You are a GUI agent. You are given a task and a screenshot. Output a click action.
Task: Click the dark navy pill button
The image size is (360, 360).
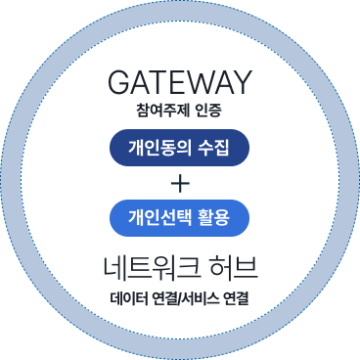(x=180, y=149)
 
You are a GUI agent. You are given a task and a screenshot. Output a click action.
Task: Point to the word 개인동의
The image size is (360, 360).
(x=157, y=149)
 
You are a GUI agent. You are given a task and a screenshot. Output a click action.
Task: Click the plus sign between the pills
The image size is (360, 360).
(x=180, y=183)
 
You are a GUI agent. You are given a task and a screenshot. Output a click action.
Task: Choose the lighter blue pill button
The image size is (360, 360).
(x=180, y=216)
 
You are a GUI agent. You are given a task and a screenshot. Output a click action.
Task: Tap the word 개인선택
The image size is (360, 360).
(x=157, y=216)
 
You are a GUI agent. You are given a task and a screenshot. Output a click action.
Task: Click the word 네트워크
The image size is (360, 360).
(x=153, y=266)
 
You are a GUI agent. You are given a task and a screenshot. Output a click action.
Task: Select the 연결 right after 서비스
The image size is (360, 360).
(x=238, y=297)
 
